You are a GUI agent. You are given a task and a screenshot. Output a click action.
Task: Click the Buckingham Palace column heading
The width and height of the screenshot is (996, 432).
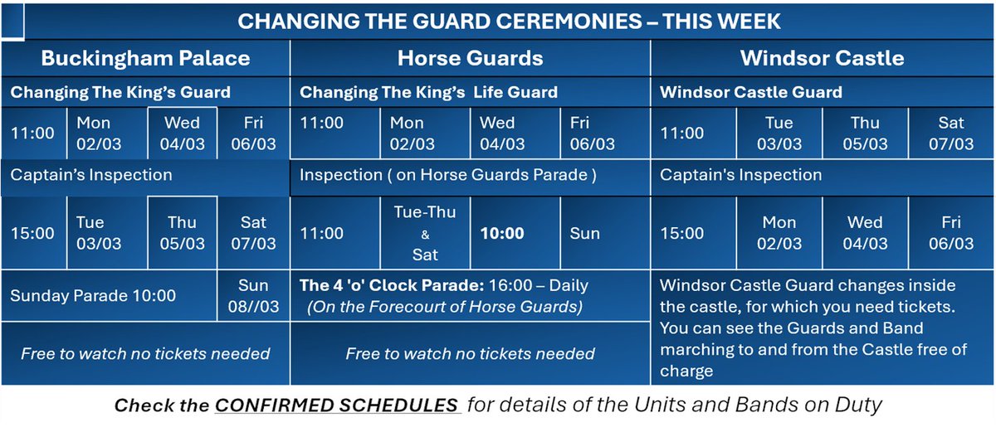145,58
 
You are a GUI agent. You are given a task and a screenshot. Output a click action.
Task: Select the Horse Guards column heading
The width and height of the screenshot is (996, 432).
470,58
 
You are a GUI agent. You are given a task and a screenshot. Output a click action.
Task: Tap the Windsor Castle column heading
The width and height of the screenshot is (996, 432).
822,58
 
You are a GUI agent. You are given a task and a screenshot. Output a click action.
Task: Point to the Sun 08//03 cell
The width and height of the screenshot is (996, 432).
253,296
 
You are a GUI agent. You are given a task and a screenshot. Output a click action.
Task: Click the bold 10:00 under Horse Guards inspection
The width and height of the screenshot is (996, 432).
503,233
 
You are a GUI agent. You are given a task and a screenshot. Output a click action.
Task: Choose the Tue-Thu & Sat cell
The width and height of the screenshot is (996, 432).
424,233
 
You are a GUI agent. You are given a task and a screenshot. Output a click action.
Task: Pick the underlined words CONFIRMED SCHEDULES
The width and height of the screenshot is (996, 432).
337,406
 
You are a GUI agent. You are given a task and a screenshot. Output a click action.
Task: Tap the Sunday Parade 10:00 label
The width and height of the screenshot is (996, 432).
92,296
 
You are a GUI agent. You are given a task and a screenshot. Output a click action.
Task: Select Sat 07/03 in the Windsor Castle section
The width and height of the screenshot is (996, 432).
950,133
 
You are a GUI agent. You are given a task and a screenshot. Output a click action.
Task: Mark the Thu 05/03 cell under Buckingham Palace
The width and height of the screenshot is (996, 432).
182,233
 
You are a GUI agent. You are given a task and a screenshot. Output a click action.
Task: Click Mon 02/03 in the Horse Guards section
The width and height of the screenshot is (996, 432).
412,133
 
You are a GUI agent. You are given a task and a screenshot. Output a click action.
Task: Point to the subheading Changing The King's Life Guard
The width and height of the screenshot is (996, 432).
428,92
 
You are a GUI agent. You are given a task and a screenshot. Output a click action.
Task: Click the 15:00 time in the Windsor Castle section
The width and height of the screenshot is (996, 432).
682,233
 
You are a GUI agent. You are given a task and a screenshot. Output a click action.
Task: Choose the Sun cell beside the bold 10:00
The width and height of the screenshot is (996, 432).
584,233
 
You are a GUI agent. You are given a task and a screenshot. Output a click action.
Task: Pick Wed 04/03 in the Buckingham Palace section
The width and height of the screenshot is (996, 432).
182,133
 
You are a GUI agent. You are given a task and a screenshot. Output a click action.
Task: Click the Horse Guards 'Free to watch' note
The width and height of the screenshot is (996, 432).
470,353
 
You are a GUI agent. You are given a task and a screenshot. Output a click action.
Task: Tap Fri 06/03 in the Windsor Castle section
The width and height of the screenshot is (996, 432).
950,233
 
